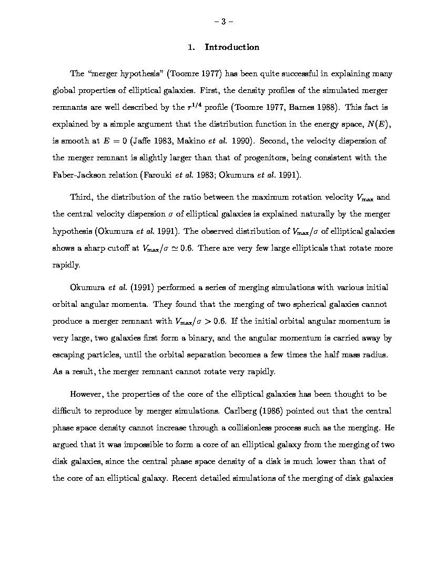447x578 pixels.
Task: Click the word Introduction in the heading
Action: pos(232,47)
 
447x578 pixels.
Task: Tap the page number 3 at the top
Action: pos(223,22)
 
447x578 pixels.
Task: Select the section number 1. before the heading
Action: pos(192,47)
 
